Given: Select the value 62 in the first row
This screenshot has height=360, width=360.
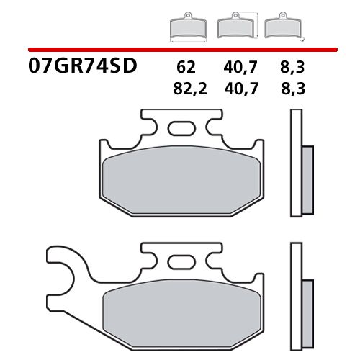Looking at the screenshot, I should point(185,69).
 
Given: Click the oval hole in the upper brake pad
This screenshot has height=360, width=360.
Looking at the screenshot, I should point(180,130).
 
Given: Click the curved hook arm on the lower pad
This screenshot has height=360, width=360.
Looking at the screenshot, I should point(62,270).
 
